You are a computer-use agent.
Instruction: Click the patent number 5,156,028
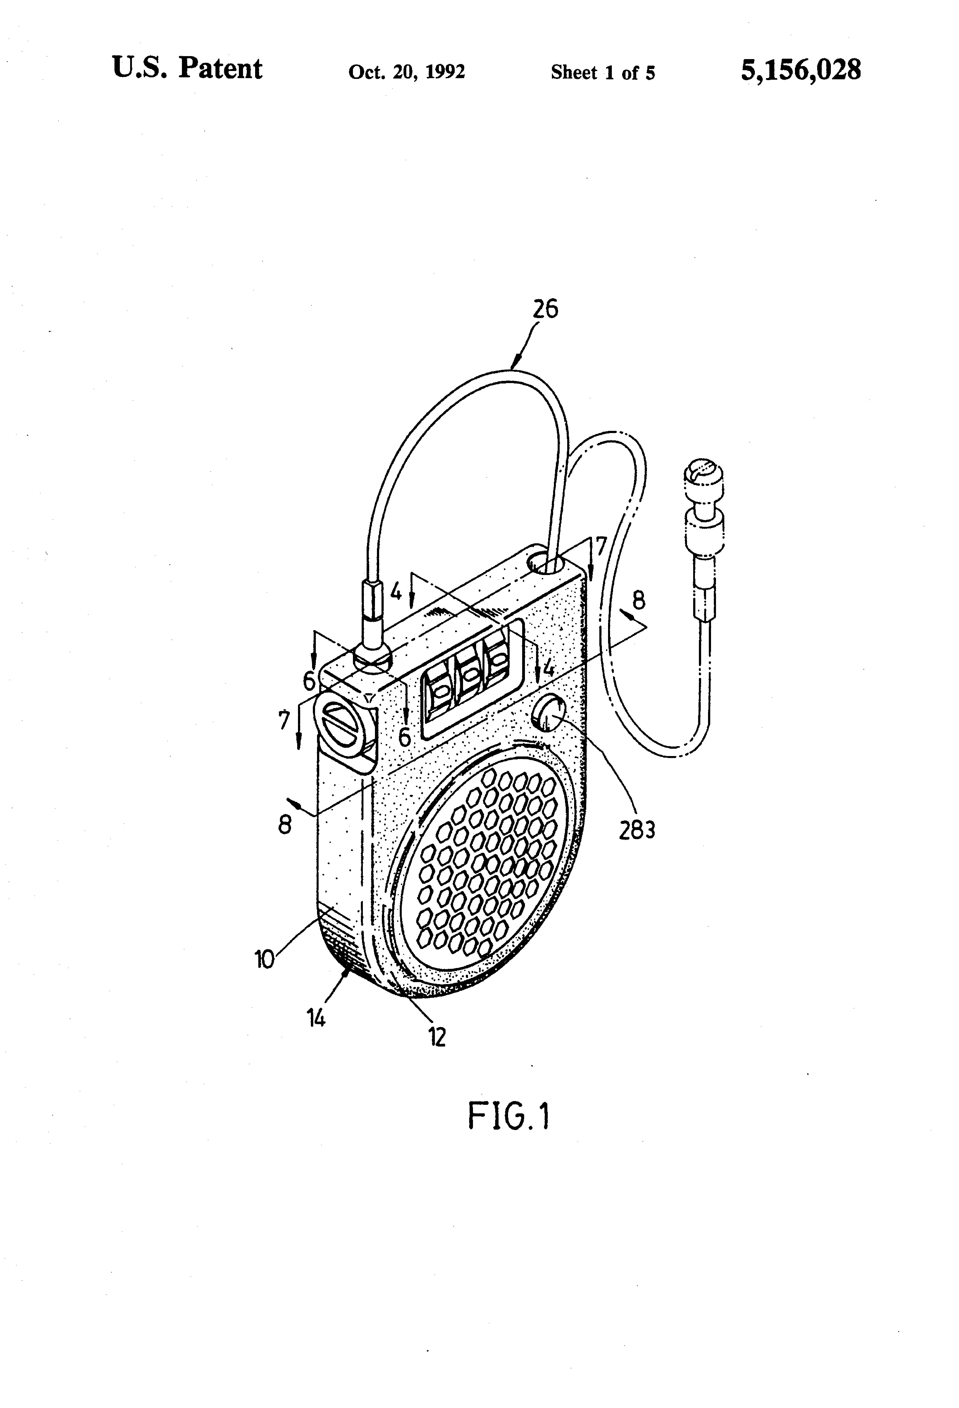[x=800, y=70]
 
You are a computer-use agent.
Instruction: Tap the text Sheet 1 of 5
[x=602, y=73]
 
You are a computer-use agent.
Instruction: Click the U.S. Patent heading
[x=187, y=69]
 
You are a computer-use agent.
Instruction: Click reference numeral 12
[x=437, y=1037]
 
